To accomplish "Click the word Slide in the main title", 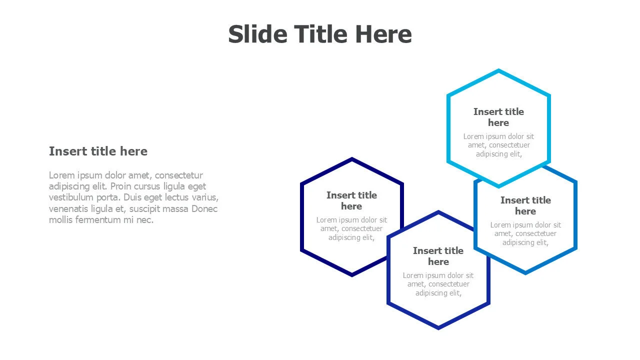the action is point(257,34).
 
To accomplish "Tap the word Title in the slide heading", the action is point(320,34).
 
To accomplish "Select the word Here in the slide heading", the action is point(383,34).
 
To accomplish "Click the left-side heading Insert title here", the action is point(98,151).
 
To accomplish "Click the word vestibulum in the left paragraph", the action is point(71,197).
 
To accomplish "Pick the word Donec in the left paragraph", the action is point(204,209).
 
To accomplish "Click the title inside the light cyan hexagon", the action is point(498,117).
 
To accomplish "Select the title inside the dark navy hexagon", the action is point(351,200).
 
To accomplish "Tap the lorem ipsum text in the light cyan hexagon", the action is point(498,145).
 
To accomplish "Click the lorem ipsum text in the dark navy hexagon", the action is point(351,228).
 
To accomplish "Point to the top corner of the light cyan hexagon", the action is point(498,69).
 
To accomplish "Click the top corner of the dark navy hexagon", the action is point(352,157).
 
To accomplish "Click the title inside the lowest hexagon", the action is point(438,256).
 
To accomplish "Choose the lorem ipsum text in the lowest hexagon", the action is point(438,284).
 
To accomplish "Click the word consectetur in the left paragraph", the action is point(179,175).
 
